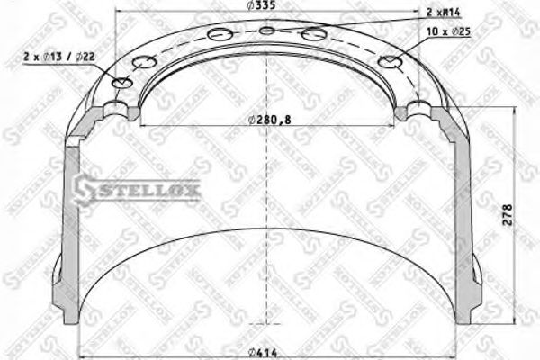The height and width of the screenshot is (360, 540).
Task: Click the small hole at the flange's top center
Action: [267, 31]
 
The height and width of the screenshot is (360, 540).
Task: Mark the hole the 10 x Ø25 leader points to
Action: [391, 62]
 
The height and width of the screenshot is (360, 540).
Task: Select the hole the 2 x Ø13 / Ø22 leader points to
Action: [123, 84]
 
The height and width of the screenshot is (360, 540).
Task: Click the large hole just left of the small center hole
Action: [220, 35]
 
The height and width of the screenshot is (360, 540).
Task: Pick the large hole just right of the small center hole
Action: [315, 34]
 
